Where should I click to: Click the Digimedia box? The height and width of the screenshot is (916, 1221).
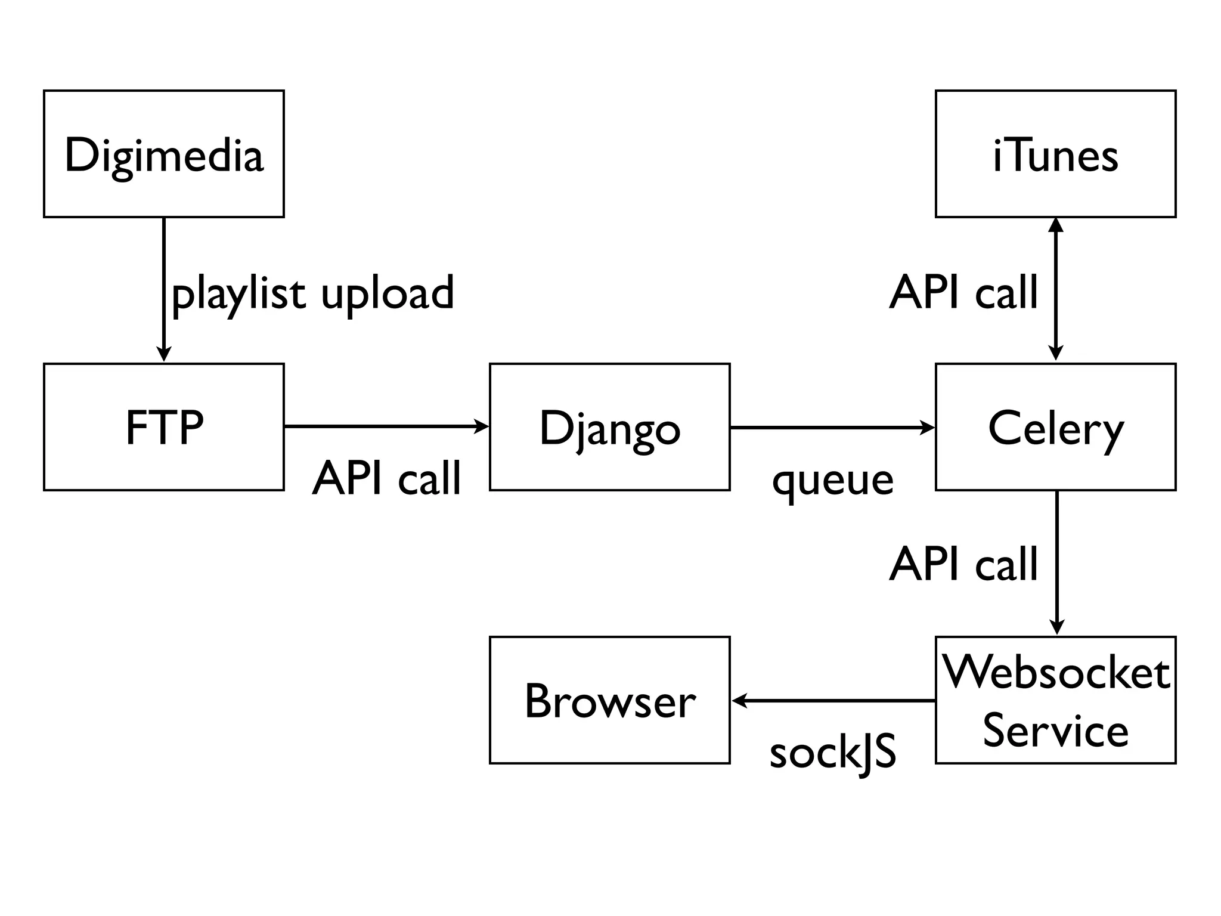(163, 154)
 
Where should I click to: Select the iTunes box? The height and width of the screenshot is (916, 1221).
(1055, 154)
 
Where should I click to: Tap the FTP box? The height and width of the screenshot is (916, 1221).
(163, 427)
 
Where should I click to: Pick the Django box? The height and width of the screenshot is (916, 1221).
(609, 427)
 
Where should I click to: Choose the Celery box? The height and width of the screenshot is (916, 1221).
(1055, 427)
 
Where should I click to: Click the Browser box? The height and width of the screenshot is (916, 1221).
(609, 700)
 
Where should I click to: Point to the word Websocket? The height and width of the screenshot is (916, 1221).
(1055, 673)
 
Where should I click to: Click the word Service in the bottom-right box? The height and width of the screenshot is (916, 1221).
(1055, 730)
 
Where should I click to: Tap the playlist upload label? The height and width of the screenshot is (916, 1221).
(313, 293)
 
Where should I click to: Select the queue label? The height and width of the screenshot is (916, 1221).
(833, 480)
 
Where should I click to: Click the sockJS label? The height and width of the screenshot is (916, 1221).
(833, 753)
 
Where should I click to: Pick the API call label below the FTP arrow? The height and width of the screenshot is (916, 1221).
(386, 478)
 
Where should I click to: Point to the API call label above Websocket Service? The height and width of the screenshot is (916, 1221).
(963, 564)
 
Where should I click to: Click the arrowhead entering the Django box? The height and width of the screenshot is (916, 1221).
(482, 426)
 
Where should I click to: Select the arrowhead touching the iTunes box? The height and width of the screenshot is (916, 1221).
(1055, 224)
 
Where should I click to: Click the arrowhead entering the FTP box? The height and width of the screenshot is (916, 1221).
(163, 354)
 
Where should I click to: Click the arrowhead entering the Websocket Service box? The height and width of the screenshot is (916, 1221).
(1056, 627)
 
